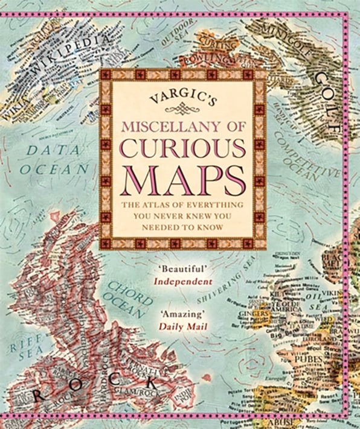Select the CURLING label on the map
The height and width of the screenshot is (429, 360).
pyautogui.click(x=211, y=44)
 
